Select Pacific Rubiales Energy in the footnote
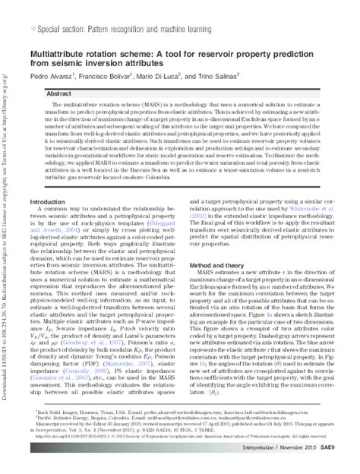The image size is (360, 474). click(x=67, y=434)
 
